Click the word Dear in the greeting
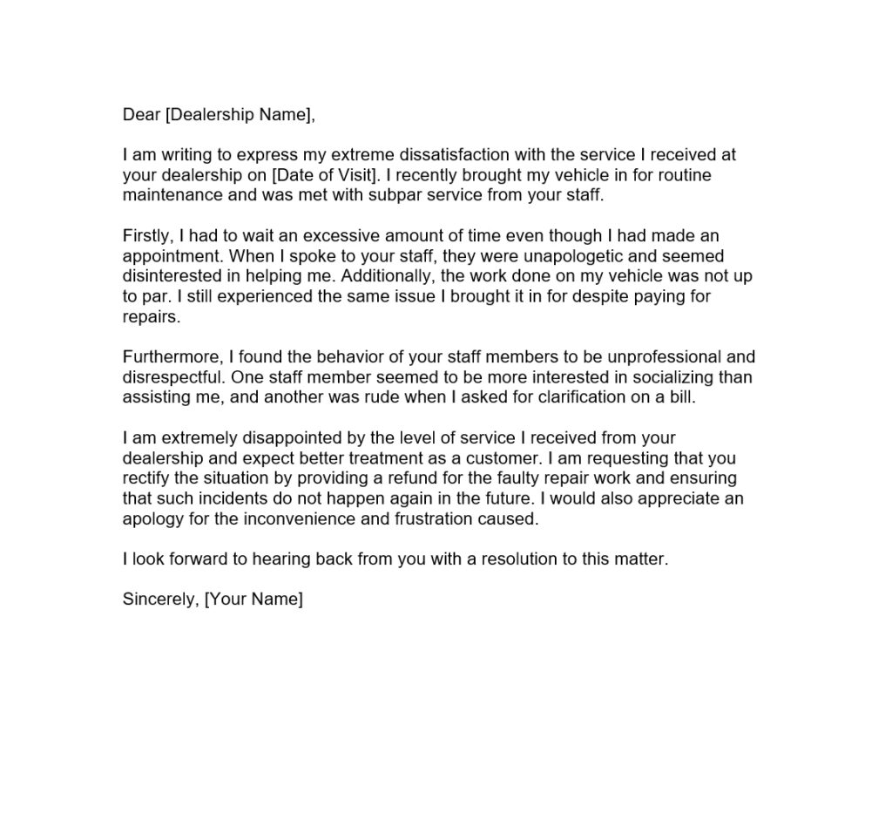[141, 114]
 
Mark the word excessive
[333, 236]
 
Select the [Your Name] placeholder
[253, 600]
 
